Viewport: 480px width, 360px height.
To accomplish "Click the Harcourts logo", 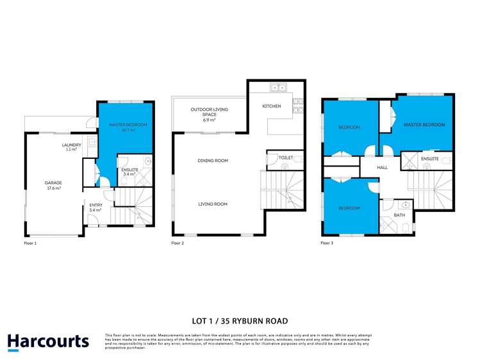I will [x=48, y=341].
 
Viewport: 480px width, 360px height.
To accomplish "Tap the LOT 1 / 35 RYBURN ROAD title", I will [x=240, y=321].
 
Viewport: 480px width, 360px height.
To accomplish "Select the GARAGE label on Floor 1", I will [x=53, y=183].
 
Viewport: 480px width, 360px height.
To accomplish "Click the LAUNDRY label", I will [x=71, y=145].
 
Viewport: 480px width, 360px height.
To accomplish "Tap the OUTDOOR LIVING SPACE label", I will [x=209, y=110].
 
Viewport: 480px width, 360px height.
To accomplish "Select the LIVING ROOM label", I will [x=211, y=204].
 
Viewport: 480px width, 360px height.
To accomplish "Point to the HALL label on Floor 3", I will [x=382, y=167].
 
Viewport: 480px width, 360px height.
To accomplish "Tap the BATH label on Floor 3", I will [x=399, y=215].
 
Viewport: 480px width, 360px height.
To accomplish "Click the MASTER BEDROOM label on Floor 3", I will [x=424, y=124].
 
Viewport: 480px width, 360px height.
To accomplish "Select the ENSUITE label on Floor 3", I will [x=429, y=158].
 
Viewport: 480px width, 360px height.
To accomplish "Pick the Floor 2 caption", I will [x=178, y=243].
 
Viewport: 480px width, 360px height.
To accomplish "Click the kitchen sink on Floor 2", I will [x=277, y=87].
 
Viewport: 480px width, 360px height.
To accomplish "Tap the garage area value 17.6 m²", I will [x=53, y=188].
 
